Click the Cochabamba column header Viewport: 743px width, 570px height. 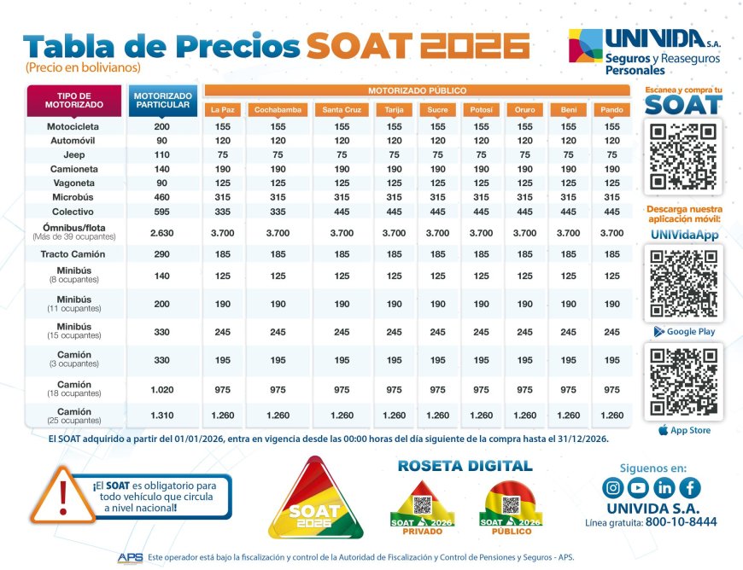[278, 110]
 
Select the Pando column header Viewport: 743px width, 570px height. [611, 110]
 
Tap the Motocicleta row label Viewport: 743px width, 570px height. [73, 126]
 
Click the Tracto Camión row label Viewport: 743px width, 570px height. [73, 254]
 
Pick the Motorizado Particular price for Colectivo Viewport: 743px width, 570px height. [162, 211]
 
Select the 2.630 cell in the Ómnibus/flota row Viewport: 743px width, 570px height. [162, 233]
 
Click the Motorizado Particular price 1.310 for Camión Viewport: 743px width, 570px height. [162, 416]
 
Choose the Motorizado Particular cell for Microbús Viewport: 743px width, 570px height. [162, 197]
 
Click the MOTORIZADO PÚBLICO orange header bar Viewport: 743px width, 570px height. [417, 90]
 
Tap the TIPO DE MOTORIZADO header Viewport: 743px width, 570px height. [74, 99]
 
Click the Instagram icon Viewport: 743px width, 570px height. [612, 488]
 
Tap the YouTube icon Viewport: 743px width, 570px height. [638, 488]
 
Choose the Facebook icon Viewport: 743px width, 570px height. [690, 488]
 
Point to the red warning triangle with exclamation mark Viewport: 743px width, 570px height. [64, 496]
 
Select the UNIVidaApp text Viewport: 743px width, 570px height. [683, 235]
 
